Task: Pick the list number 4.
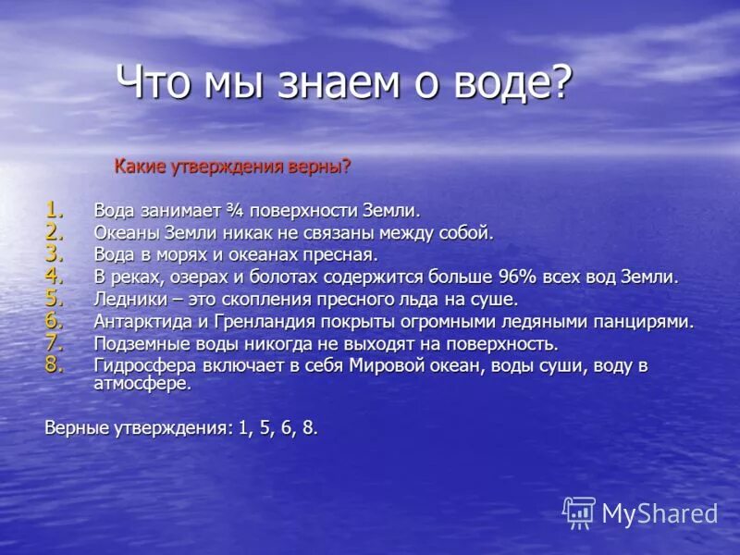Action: pos(55,275)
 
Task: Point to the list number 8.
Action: pos(55,364)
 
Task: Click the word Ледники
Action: pos(129,300)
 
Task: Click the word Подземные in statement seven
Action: pos(138,344)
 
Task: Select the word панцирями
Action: pos(641,322)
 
